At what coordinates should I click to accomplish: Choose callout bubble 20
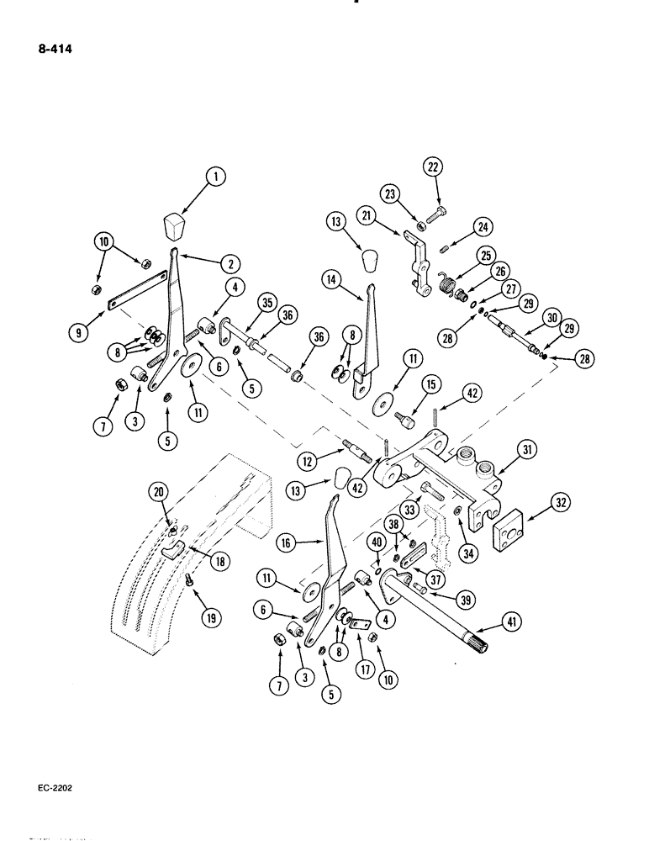point(157,490)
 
